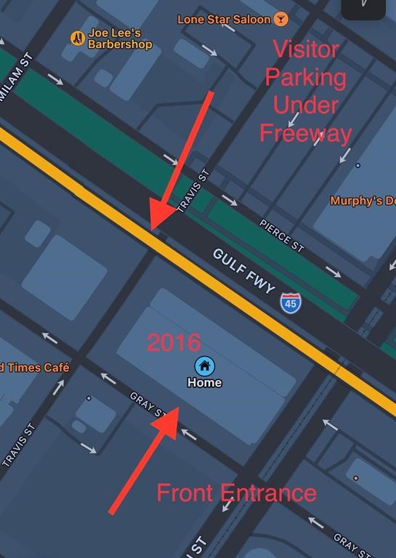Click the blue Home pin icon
pos(204,365)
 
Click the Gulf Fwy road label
pos(245,271)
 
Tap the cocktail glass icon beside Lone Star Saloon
pos(280,18)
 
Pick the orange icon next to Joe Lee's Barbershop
pos(77,38)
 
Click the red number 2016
pos(174,343)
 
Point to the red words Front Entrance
pos(237,493)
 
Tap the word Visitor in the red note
pos(305,49)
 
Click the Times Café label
pos(35,368)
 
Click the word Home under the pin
pos(204,383)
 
